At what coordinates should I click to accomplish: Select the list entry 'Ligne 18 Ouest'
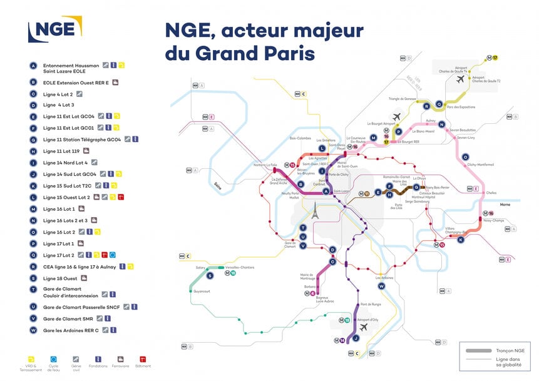pyautogui.click(x=60, y=278)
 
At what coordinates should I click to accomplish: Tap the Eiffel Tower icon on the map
pyautogui.click(x=316, y=212)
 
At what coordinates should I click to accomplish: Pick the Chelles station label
pyautogui.click(x=491, y=193)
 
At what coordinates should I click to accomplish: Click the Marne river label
pyautogui.click(x=505, y=204)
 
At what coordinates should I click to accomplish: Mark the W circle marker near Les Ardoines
pyautogui.click(x=381, y=286)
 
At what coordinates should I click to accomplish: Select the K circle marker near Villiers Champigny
pyautogui.click(x=460, y=240)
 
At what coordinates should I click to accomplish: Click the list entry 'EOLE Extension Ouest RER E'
pyautogui.click(x=76, y=82)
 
